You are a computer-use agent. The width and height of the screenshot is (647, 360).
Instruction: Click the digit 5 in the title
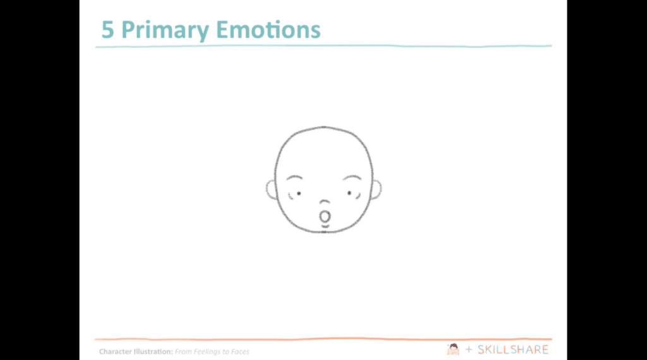108,30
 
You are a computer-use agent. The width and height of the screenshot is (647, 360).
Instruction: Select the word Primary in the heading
164,30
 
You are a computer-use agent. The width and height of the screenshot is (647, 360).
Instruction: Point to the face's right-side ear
377,189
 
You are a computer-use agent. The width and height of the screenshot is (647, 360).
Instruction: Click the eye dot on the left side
298,193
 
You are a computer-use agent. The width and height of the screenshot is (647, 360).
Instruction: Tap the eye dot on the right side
349,192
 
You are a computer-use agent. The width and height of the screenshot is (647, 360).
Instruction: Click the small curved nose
324,203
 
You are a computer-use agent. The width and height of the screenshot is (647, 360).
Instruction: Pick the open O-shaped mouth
325,216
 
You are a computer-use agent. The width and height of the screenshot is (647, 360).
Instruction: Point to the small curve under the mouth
325,225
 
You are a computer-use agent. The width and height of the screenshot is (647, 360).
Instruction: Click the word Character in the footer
115,352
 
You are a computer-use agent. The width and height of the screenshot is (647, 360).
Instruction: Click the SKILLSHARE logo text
512,349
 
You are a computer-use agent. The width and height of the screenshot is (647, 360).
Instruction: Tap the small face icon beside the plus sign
452,349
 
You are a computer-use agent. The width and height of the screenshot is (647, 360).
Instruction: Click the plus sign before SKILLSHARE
468,349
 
